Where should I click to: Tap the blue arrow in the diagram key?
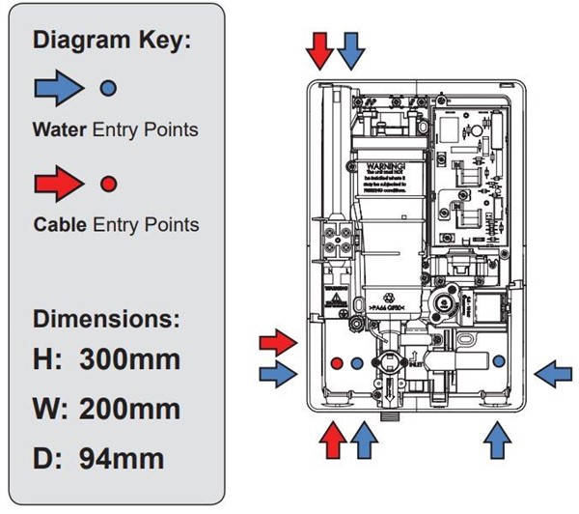point(60,88)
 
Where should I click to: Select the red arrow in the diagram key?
point(60,182)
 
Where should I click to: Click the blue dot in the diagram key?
point(109,88)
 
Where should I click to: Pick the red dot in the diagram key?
point(109,183)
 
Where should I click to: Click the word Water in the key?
point(61,128)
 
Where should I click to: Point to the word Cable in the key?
point(61,224)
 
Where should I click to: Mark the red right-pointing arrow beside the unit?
point(279,341)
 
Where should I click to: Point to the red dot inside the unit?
point(336,363)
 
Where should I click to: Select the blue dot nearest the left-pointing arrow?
point(499,360)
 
